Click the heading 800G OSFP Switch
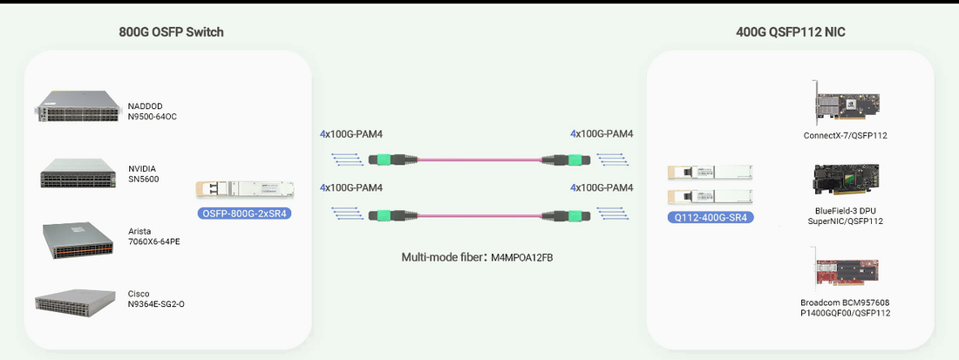(x=171, y=32)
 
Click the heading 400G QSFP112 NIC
(x=790, y=32)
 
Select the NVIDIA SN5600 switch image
(x=76, y=174)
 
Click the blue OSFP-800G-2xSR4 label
(x=243, y=212)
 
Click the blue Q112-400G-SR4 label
(x=709, y=217)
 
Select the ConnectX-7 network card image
(x=845, y=104)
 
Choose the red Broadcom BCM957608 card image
(x=845, y=269)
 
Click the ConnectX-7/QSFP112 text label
(x=845, y=136)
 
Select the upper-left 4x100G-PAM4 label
(x=351, y=134)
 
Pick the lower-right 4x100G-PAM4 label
(x=602, y=188)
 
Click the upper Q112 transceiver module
(x=709, y=173)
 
